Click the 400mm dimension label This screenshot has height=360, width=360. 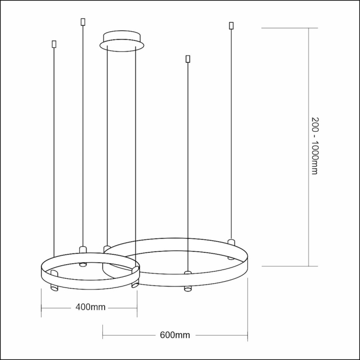tap(90, 308)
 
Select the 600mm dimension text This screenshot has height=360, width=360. tap(175, 335)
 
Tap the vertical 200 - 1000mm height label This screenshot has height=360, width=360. tap(315, 145)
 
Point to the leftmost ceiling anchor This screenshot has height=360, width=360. tap(54, 44)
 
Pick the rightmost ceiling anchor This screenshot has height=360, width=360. tap(231, 25)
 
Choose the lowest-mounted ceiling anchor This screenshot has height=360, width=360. tap(188, 59)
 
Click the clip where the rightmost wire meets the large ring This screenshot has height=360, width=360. tap(231, 242)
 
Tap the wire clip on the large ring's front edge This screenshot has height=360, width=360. tap(188, 272)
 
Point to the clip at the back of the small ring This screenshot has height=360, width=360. tap(83, 250)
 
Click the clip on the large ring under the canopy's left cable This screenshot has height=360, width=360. tap(106, 249)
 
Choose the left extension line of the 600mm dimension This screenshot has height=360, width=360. tap(103, 332)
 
